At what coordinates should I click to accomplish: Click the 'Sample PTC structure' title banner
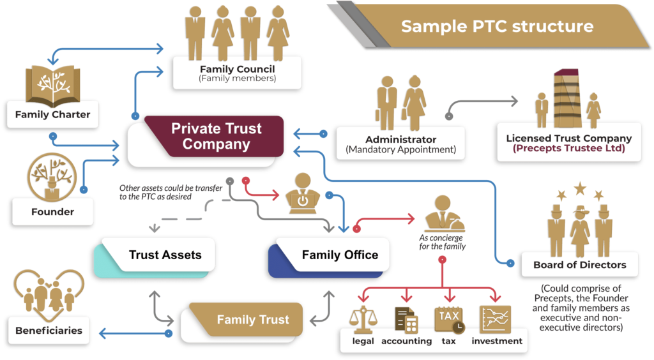click(x=497, y=26)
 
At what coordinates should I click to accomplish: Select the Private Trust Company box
click(x=216, y=137)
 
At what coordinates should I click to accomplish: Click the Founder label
click(x=53, y=211)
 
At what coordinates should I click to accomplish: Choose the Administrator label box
click(x=400, y=144)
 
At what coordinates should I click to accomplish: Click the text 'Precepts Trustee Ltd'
click(x=568, y=149)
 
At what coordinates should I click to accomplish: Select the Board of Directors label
click(x=580, y=264)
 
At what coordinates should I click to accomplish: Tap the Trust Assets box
click(x=165, y=255)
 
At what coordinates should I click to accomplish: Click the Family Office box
click(x=339, y=255)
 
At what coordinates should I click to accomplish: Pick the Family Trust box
click(x=252, y=319)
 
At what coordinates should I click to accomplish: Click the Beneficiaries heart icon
click(x=49, y=294)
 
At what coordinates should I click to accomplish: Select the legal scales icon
click(x=363, y=319)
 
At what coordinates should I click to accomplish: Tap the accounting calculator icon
click(x=406, y=319)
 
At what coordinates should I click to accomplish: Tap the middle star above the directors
click(x=580, y=188)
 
